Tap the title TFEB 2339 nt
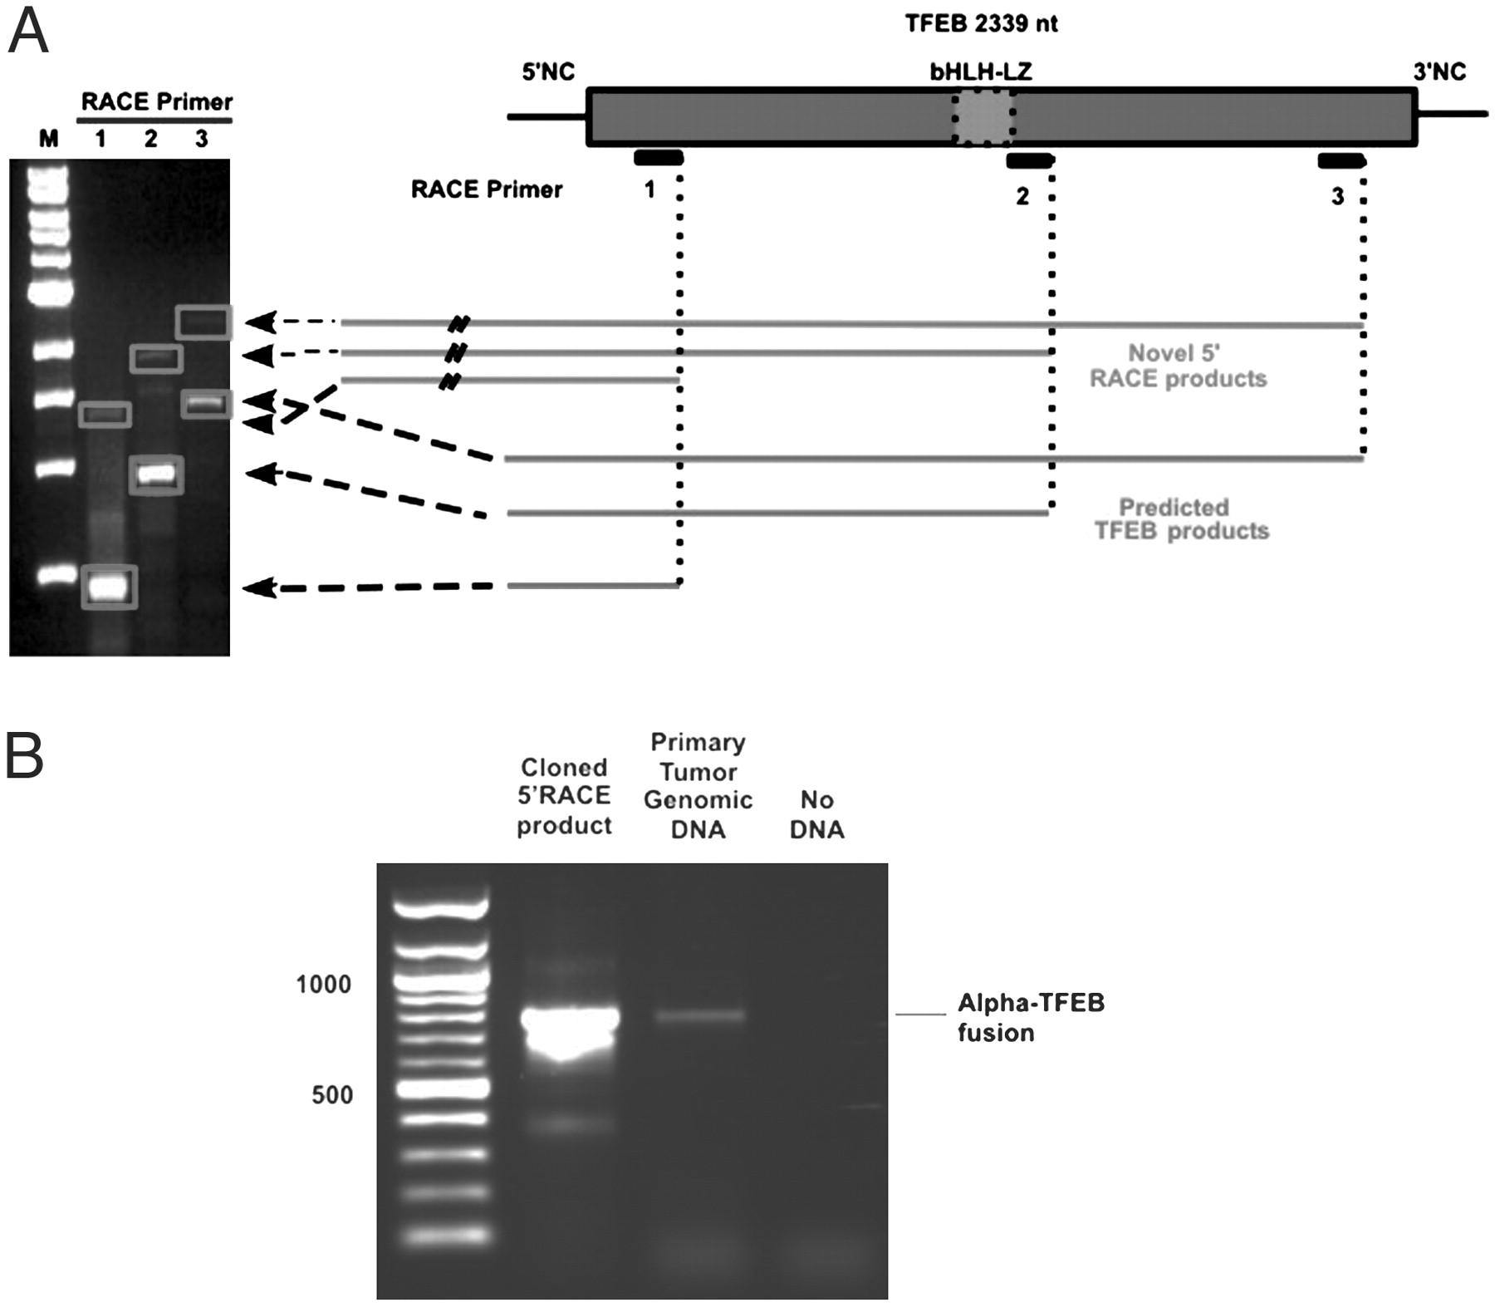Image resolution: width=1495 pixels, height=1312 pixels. [x=981, y=23]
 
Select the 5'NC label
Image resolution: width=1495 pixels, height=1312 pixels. [x=548, y=72]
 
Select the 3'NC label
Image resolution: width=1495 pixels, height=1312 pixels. [x=1439, y=72]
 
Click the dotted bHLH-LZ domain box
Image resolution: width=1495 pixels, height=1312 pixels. [x=983, y=117]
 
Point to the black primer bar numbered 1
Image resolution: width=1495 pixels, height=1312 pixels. [x=659, y=158]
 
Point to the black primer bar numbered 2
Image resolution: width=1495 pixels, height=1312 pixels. [x=1029, y=160]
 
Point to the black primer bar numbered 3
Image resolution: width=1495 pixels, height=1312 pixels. [x=1341, y=160]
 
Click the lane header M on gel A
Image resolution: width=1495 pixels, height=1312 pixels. [x=49, y=139]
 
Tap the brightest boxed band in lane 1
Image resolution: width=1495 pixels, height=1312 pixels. [x=109, y=587]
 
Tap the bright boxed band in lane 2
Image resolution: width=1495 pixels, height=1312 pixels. [x=156, y=475]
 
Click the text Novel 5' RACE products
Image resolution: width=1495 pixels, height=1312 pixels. [x=1177, y=366]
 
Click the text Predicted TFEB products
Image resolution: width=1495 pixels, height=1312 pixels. [x=1181, y=518]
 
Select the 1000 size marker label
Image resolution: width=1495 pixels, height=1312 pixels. [x=323, y=985]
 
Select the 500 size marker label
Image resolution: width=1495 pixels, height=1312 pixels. [x=332, y=1095]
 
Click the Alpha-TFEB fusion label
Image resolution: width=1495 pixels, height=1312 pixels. [x=1031, y=1017]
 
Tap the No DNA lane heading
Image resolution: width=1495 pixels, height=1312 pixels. [x=816, y=814]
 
